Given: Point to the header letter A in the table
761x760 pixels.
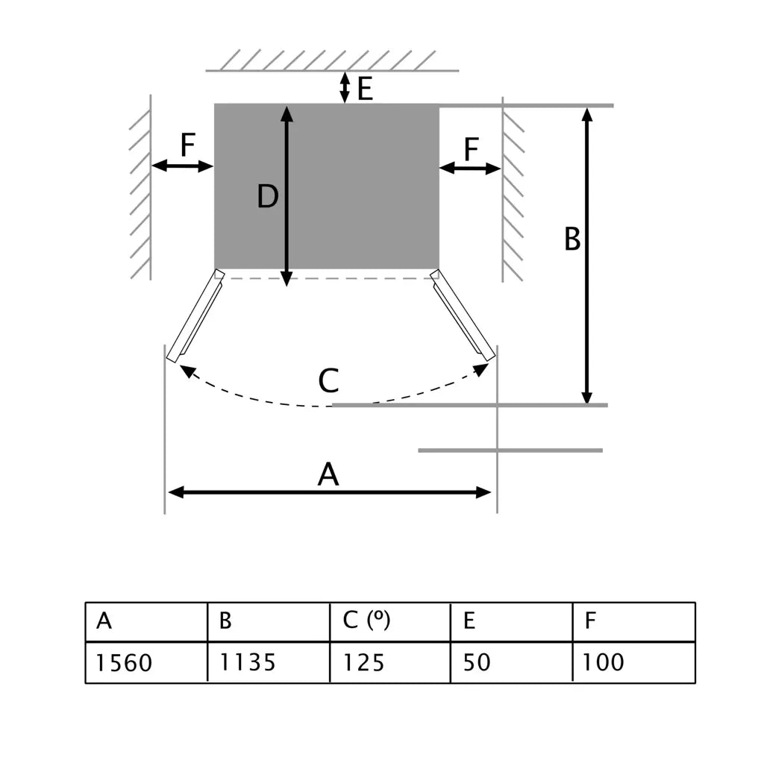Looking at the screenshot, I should tap(104, 621).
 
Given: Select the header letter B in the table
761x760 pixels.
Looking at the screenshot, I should tap(225, 621).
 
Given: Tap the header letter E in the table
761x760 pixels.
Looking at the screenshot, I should tap(469, 621).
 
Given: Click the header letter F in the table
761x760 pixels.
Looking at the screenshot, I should tap(590, 621).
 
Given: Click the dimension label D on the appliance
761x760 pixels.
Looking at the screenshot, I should tap(267, 197).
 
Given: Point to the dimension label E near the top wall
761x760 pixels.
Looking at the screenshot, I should tap(365, 89).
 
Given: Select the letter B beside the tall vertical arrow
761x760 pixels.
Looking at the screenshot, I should tap(572, 240).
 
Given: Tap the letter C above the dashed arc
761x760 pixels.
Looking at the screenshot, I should tap(328, 381).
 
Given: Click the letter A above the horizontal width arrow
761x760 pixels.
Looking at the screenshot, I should tap(328, 474).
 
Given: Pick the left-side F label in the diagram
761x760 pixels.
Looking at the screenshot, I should tap(187, 146).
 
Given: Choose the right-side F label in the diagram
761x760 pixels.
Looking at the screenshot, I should tap(471, 150).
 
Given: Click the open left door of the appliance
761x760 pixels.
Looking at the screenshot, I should tap(195, 316).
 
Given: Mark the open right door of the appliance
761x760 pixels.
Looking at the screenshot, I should tap(463, 316).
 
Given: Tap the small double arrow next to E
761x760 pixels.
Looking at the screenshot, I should tap(344, 87).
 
